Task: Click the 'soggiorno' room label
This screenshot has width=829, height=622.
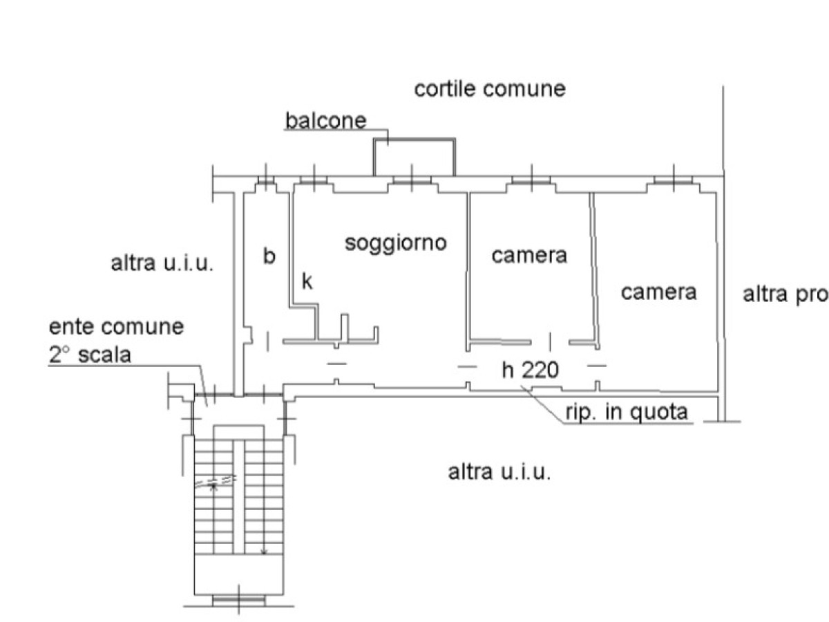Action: tap(396, 243)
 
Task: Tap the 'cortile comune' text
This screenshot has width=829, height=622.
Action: tap(489, 89)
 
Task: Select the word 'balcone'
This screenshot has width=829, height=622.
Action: tap(325, 121)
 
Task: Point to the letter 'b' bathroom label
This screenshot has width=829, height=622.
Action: tap(269, 256)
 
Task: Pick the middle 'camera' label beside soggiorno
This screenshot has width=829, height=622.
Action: tap(529, 255)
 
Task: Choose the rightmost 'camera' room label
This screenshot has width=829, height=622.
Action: tap(658, 292)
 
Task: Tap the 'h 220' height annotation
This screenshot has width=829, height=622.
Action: tap(530, 371)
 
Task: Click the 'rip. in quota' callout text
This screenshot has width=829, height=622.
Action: tap(627, 412)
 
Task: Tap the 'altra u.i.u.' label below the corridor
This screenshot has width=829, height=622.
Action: tap(499, 473)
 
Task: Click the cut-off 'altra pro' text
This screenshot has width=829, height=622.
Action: tap(785, 294)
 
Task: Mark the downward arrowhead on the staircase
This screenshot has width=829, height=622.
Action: tap(264, 551)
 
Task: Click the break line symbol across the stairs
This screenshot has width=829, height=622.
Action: tap(216, 482)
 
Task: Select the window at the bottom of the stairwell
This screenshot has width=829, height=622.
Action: tap(238, 599)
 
